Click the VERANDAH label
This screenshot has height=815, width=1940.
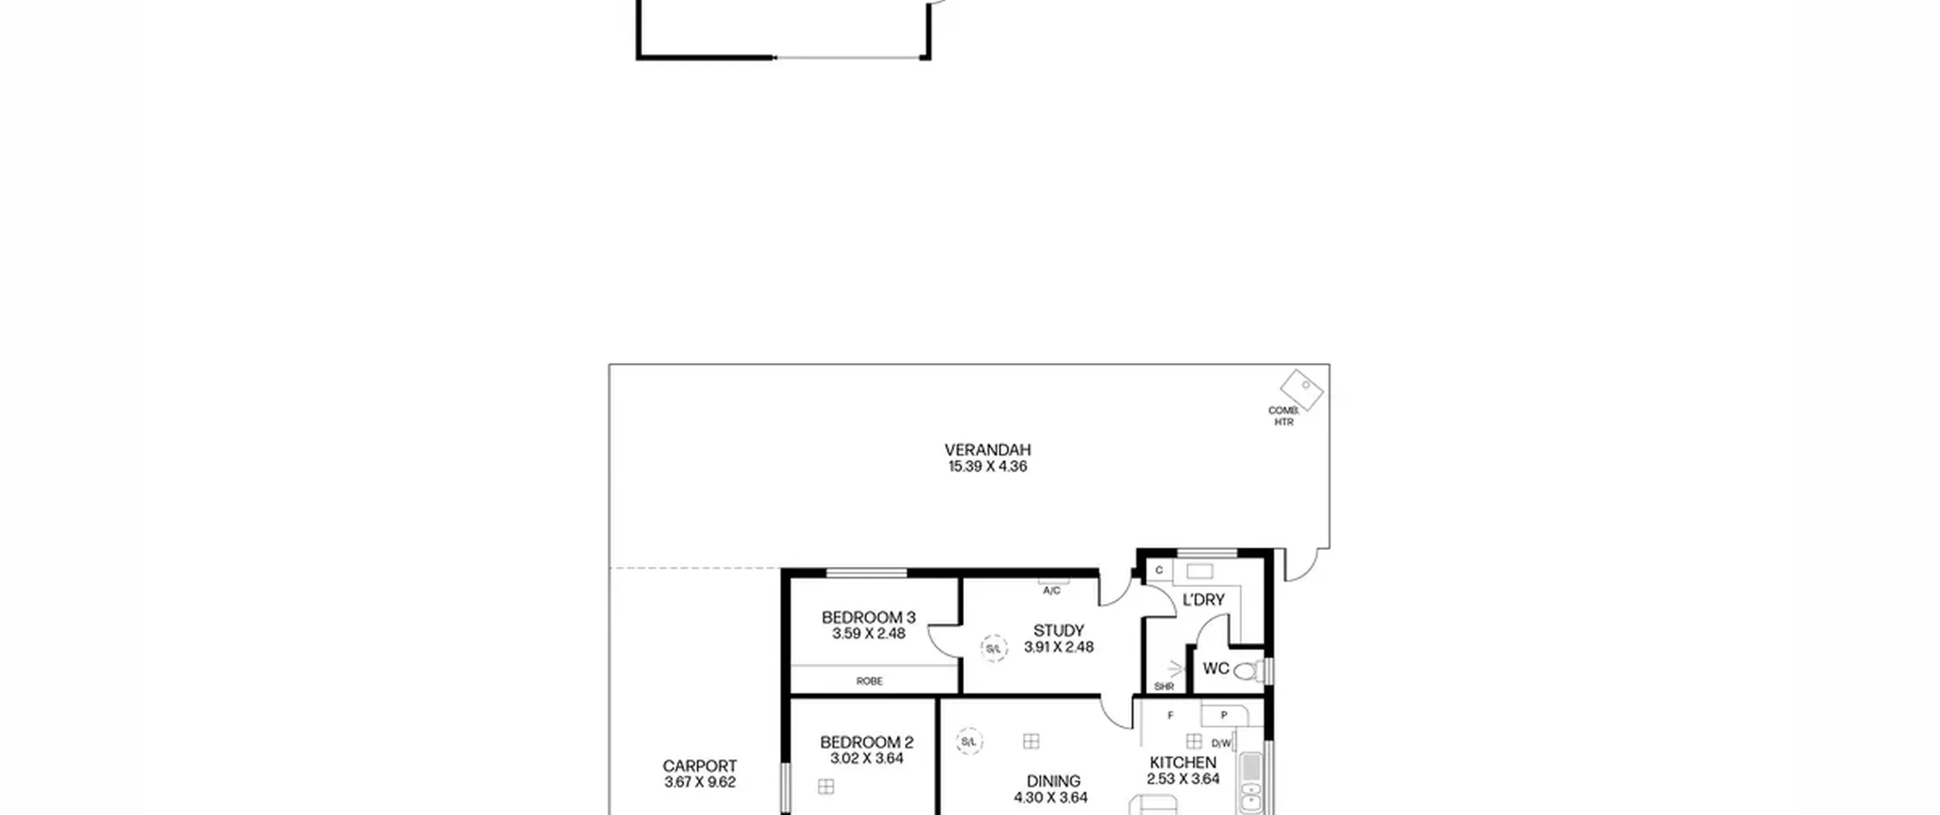(x=987, y=450)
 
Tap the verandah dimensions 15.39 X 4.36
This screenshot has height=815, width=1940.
(x=987, y=466)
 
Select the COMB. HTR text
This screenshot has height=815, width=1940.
(x=1284, y=416)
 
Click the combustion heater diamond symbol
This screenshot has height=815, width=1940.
(x=1301, y=390)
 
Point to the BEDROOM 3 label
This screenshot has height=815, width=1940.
(x=868, y=617)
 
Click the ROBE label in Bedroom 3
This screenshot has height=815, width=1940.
(x=869, y=681)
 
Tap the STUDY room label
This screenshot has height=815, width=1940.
(x=1059, y=630)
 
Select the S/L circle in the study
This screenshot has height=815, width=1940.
(x=993, y=649)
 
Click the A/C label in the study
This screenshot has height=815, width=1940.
(x=1052, y=591)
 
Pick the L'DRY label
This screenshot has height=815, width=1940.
(x=1203, y=600)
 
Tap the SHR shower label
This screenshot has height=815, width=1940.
(x=1164, y=687)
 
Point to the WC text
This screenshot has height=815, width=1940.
(x=1216, y=668)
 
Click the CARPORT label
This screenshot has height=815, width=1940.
(x=699, y=766)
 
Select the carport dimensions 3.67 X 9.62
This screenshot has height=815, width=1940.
(x=699, y=782)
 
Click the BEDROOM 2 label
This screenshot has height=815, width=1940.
(x=867, y=742)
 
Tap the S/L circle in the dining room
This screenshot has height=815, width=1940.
(x=968, y=741)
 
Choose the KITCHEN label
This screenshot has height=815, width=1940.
(x=1183, y=763)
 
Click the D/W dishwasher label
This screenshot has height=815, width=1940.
(x=1221, y=744)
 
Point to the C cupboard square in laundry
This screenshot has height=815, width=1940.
(x=1159, y=570)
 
